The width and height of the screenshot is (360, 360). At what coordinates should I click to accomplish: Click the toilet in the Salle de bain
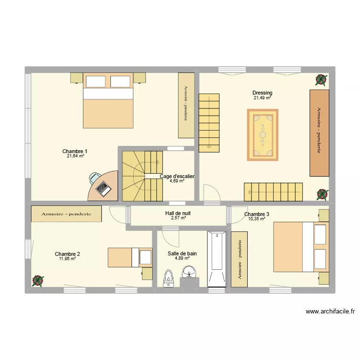tap(168, 278)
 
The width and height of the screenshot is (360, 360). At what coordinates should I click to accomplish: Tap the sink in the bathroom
tap(189, 272)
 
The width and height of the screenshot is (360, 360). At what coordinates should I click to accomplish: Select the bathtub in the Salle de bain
tap(217, 259)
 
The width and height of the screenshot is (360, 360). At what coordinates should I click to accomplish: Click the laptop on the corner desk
tap(104, 189)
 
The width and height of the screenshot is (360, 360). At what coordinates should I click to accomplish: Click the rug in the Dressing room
tap(263, 135)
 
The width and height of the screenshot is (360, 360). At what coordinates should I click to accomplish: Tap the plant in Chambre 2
tap(38, 281)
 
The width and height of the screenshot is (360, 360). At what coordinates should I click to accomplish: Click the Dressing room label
tap(263, 93)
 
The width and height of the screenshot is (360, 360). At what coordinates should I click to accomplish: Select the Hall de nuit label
tap(178, 213)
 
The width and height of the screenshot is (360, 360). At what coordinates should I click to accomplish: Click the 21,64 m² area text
tap(75, 156)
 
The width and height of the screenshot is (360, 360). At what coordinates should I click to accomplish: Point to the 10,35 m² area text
tap(257, 219)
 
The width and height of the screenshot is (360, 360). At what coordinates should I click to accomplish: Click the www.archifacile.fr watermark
tap(330, 312)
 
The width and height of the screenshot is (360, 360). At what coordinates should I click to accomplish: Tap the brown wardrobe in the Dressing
tap(319, 133)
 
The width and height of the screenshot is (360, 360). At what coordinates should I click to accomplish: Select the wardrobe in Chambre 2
tap(66, 214)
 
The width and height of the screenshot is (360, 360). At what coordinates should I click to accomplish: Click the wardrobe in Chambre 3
tap(239, 259)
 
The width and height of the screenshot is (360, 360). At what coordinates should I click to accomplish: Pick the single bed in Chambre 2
tap(130, 257)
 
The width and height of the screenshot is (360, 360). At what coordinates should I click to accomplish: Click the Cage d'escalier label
tap(177, 176)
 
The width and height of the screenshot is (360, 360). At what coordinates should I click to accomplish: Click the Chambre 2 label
tap(67, 254)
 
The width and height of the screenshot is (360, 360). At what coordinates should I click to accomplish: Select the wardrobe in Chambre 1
tap(186, 106)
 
